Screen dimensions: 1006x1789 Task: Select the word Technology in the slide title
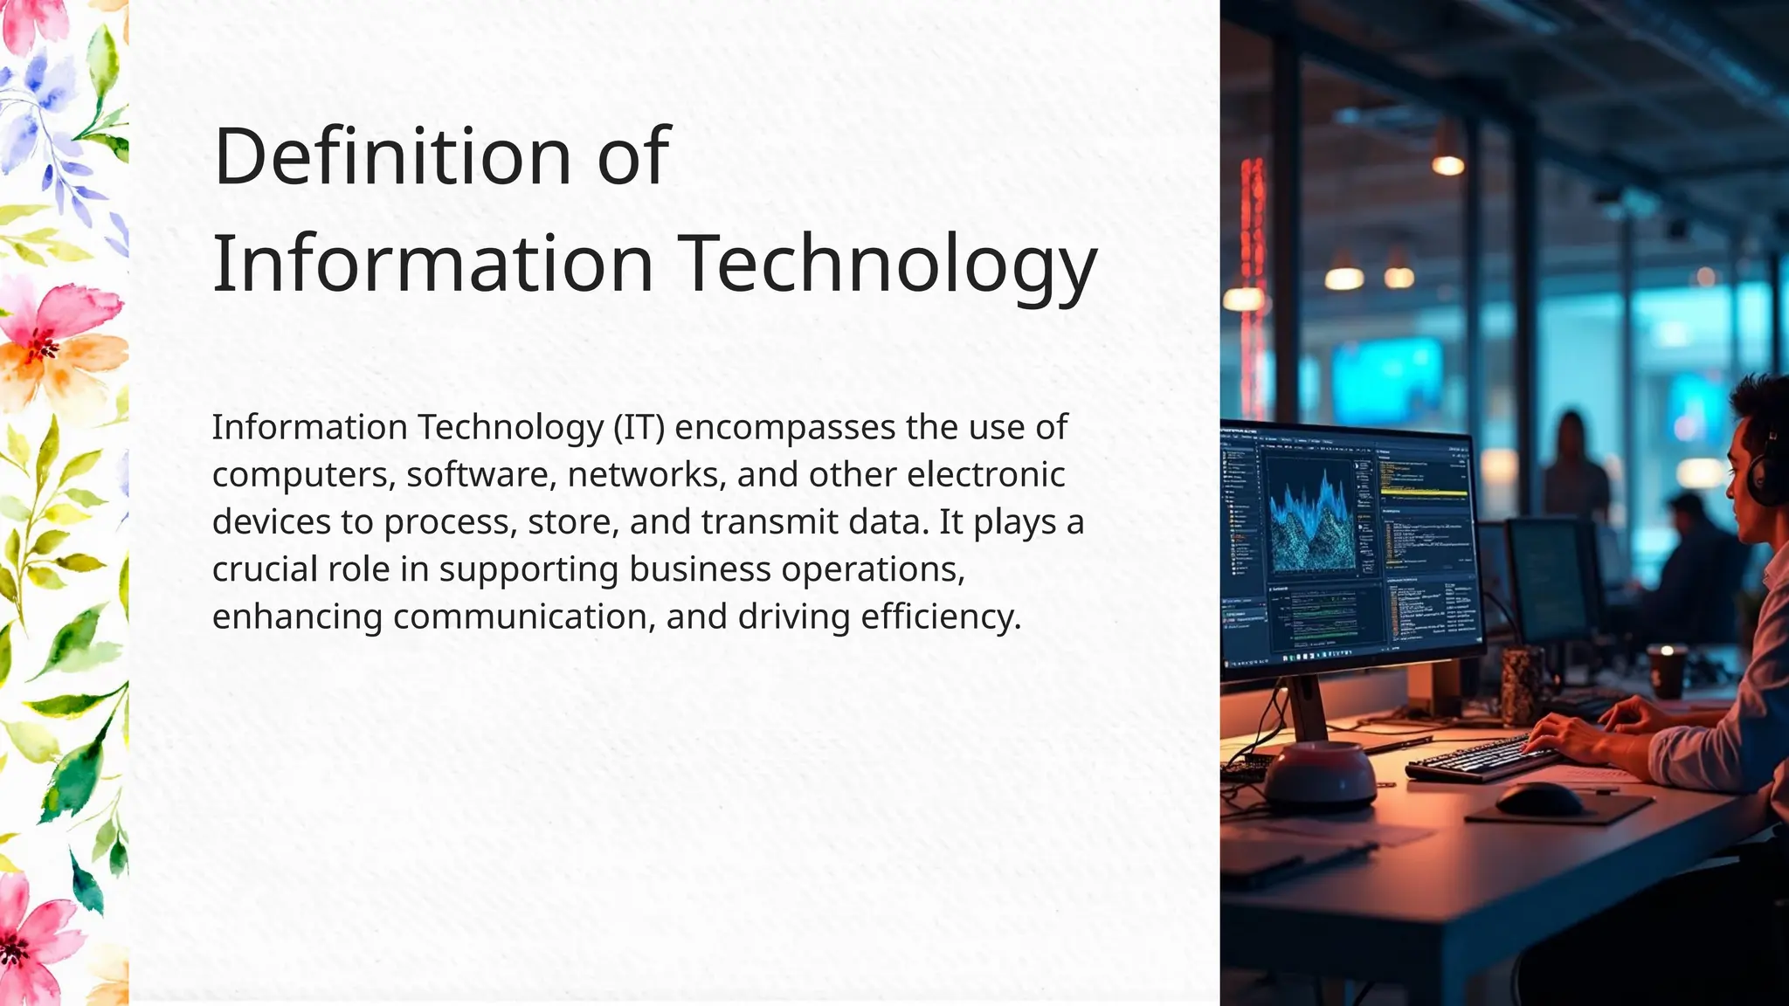887,264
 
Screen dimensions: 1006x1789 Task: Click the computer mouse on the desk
1537,798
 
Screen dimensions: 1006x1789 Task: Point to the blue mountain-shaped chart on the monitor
1310,524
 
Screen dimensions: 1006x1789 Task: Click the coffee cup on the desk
1666,670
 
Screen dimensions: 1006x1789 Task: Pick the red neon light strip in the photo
1254,262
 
